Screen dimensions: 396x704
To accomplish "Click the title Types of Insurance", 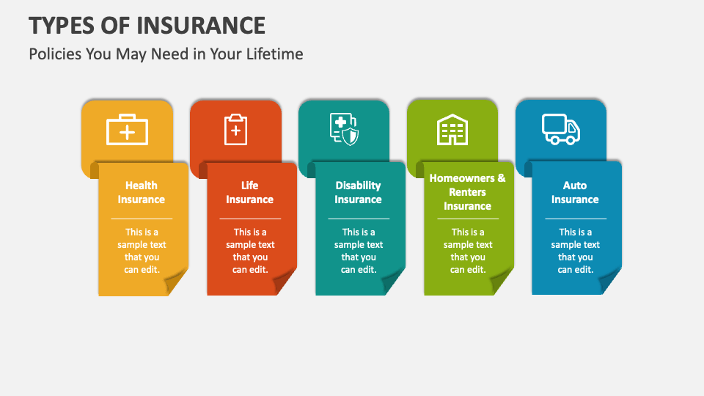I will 147,25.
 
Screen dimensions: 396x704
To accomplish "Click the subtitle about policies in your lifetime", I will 166,54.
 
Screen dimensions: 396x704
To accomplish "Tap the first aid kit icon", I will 128,130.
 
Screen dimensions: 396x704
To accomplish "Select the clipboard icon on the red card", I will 235,130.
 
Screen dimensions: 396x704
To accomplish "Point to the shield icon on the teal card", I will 344,130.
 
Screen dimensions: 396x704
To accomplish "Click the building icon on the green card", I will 452,131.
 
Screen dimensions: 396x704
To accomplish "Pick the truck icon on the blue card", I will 561,129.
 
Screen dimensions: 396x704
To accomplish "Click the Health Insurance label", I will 142,192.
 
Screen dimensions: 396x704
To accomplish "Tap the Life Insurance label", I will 250,192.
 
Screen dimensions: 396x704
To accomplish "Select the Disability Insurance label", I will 359,192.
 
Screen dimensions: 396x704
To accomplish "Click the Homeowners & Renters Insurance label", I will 467,192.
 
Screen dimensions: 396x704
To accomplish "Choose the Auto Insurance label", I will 576,192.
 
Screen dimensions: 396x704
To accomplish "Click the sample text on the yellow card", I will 142,251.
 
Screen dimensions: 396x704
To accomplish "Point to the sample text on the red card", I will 250,251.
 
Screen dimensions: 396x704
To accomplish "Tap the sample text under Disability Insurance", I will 359,251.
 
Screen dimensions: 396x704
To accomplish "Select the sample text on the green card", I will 467,251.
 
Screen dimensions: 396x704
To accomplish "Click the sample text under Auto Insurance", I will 576,251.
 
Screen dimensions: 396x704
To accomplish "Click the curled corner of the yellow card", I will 176,282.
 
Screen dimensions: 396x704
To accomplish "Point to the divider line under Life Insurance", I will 250,219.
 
